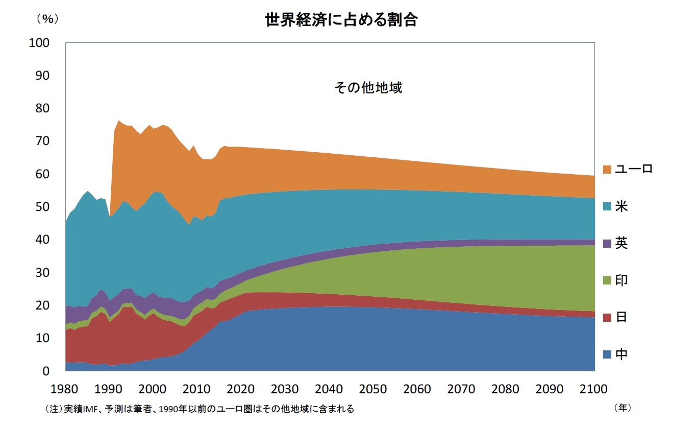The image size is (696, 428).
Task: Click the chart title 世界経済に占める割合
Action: coord(341,20)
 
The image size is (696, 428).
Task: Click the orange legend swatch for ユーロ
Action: coord(607,169)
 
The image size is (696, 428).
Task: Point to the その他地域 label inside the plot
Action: coord(368,88)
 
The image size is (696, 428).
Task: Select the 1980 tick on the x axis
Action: coord(65,389)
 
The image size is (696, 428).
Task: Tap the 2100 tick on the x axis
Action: coord(594,389)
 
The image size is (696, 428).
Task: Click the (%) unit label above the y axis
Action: coord(47,19)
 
